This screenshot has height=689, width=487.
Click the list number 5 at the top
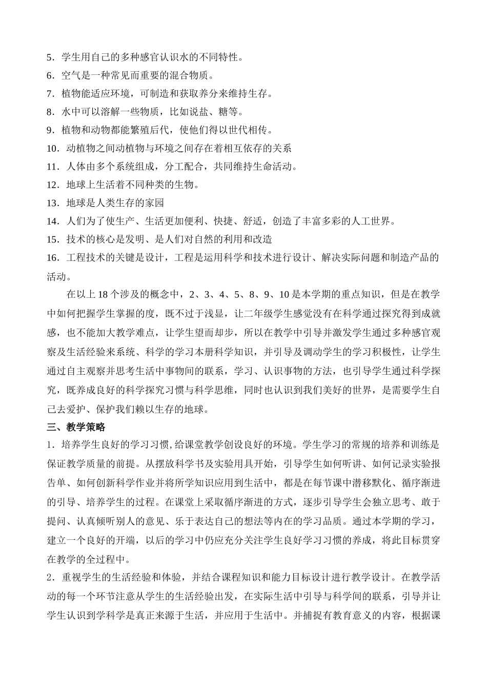49,57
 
